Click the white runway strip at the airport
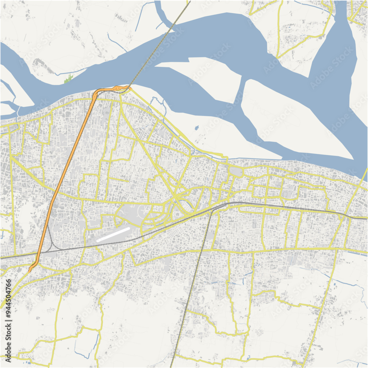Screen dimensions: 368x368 coord(113,234)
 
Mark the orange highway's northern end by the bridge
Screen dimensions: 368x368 coord(127,87)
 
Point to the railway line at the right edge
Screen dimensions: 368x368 coord(362,217)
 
